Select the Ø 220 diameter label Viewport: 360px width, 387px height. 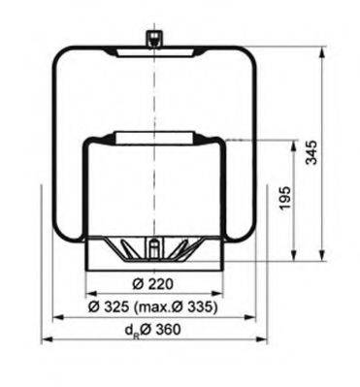pos(151,283)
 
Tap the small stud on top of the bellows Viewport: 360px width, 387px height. pos(152,39)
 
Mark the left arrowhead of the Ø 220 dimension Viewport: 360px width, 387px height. pos(90,294)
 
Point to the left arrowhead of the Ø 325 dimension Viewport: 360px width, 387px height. pos(56,316)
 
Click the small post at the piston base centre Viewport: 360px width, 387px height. pos(152,250)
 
